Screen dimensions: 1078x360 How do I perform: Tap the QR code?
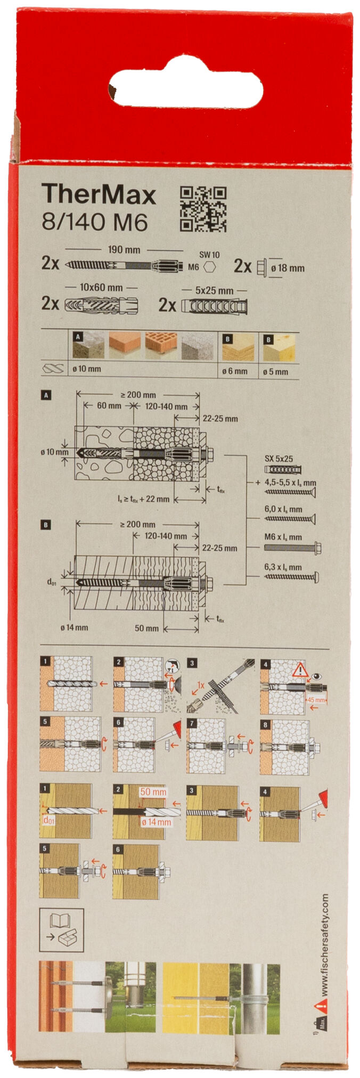202,209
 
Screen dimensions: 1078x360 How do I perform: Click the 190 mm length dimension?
124,249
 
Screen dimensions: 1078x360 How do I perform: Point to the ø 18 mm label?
287,268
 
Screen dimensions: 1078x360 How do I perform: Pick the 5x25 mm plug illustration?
214,307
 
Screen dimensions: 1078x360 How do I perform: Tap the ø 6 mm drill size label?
234,371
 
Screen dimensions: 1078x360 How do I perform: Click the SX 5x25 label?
278,458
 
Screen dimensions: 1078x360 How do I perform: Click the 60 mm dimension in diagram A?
109,406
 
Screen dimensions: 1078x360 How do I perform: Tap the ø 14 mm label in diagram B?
73,627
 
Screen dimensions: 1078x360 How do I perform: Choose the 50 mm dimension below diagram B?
146,628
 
